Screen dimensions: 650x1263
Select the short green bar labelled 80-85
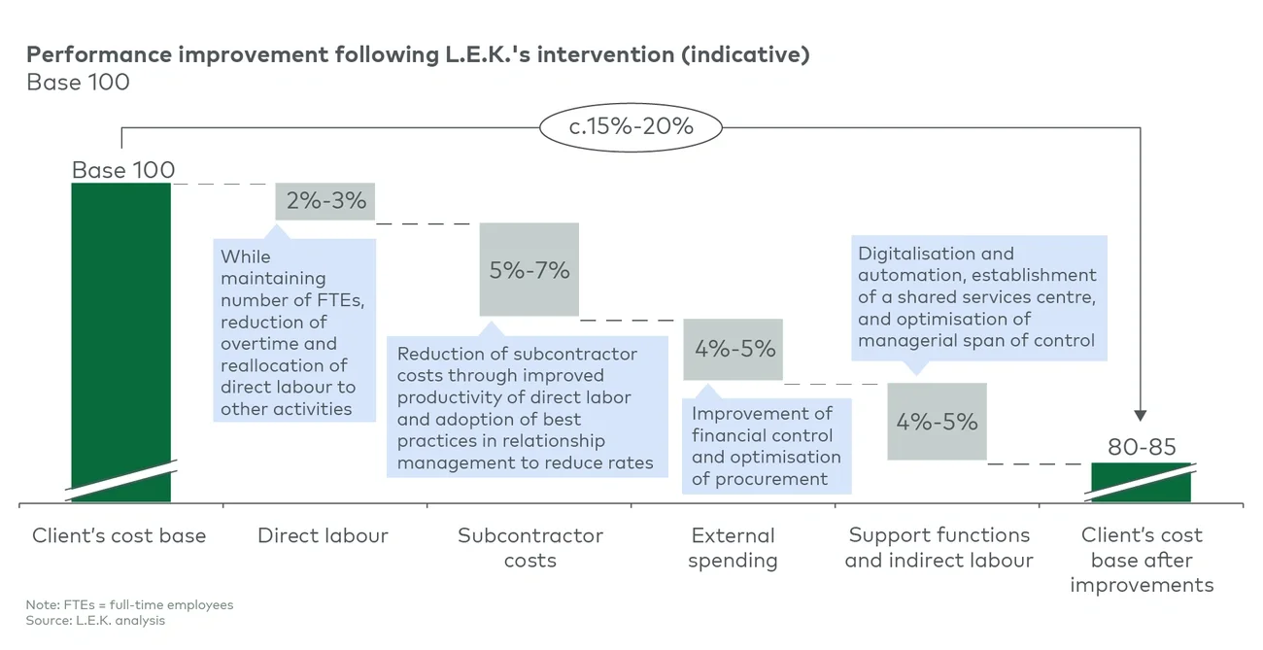pyautogui.click(x=1141, y=482)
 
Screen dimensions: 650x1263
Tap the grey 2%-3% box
pyautogui.click(x=325, y=201)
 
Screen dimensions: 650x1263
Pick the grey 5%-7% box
pyautogui.click(x=529, y=269)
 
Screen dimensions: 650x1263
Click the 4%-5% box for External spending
pyautogui.click(x=734, y=349)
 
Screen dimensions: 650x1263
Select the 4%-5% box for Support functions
pyautogui.click(x=937, y=422)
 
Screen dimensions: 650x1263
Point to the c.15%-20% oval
pyautogui.click(x=631, y=126)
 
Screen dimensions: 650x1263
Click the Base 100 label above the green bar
pyautogui.click(x=123, y=170)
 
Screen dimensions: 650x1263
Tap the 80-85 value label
pyautogui.click(x=1142, y=447)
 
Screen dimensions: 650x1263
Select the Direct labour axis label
pyautogui.click(x=323, y=535)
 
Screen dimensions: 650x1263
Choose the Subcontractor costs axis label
pyautogui.click(x=530, y=548)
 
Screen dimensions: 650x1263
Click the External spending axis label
pyautogui.click(x=733, y=548)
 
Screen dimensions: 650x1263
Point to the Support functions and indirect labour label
pyautogui.click(x=939, y=548)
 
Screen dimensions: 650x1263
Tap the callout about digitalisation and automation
pyautogui.click(x=978, y=297)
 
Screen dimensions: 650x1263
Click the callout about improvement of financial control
pyautogui.click(x=767, y=446)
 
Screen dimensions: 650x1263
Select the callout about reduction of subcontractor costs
pyautogui.click(x=527, y=408)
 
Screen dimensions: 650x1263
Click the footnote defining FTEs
pyautogui.click(x=129, y=604)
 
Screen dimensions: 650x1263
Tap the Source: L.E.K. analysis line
pyautogui.click(x=95, y=620)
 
